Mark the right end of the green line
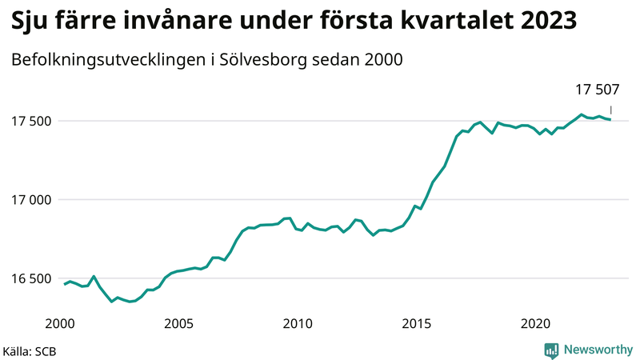coord(611,120)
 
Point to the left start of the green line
coord(65,284)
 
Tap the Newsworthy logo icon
coord(551,350)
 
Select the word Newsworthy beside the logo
coord(598,350)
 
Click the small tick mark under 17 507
coord(611,110)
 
